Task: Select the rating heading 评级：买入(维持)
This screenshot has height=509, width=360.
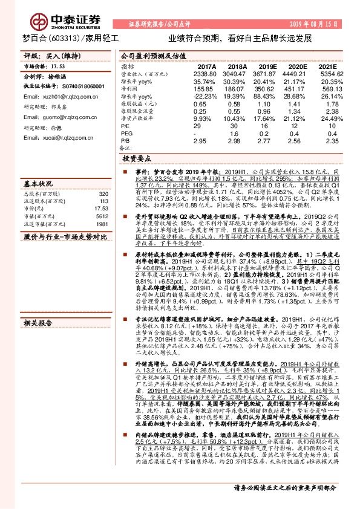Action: pos(48,56)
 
